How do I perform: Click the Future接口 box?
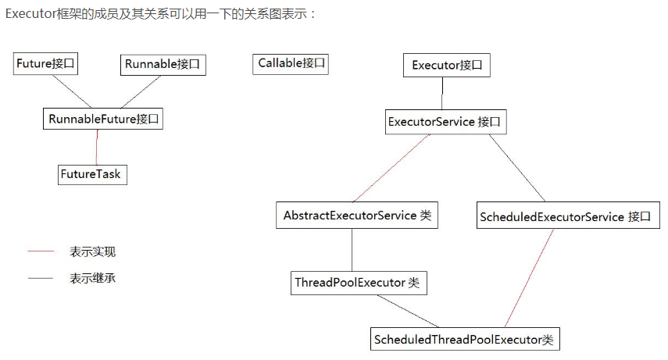(47, 63)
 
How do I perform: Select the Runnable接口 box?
(163, 64)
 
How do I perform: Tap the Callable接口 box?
(291, 63)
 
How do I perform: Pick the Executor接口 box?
(446, 65)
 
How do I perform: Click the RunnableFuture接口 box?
(103, 119)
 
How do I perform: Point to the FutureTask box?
(91, 173)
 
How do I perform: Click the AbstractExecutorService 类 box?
(356, 215)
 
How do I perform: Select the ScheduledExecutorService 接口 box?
(565, 216)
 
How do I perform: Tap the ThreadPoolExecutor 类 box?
(357, 282)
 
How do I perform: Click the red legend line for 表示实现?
(41, 252)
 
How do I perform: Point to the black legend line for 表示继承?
(41, 278)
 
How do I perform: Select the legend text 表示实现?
(92, 252)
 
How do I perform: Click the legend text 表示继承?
(92, 278)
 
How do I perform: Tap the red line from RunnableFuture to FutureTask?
(96, 147)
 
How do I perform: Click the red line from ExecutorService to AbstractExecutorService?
(391, 168)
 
